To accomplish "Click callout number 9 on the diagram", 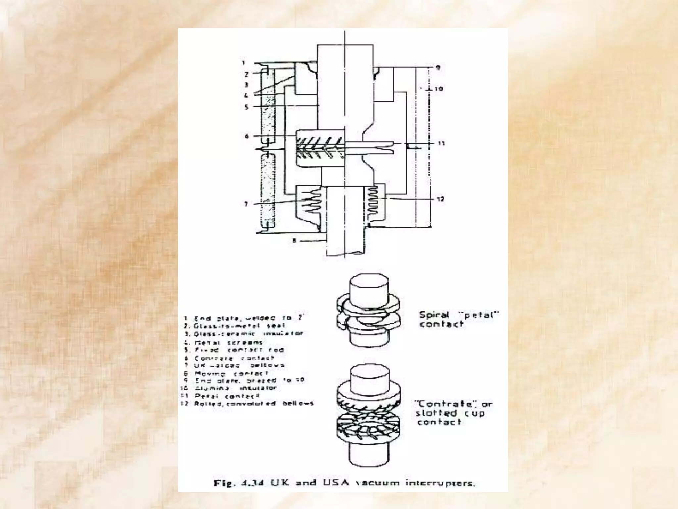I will (x=438, y=68).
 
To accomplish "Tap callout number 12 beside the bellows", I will (x=440, y=199).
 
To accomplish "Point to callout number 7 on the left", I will (x=246, y=204).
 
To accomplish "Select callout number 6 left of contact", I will (x=246, y=136).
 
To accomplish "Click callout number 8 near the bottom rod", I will (x=294, y=241).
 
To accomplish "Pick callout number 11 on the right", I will (x=441, y=143).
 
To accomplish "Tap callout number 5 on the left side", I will (x=246, y=107).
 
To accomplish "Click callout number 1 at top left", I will (x=244, y=63).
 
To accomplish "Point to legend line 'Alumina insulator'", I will (x=235, y=388).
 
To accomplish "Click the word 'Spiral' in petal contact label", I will (x=434, y=315).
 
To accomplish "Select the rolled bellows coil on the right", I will (x=372, y=200).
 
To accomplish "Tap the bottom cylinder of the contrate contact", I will (x=369, y=454).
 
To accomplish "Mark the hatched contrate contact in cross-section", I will (x=320, y=148).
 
